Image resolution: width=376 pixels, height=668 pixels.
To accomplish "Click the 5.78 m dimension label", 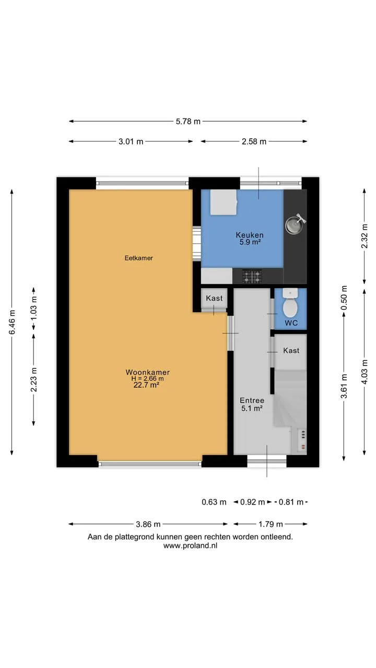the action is (188, 122).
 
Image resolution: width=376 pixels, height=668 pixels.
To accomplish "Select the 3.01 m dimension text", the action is (131, 141).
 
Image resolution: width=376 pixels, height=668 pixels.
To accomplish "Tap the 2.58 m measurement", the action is (254, 141).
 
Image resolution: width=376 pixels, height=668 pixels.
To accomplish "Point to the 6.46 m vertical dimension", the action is (12, 322).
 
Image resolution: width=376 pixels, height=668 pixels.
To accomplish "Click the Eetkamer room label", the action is (139, 258).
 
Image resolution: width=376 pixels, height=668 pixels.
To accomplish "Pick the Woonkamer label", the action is (147, 372).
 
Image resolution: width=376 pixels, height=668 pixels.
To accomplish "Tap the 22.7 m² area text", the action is (146, 385).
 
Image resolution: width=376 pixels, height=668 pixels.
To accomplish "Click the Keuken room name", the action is (250, 235).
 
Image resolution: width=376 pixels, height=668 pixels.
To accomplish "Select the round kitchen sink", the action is (294, 225).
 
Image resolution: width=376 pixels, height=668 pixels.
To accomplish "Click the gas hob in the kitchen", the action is (252, 277).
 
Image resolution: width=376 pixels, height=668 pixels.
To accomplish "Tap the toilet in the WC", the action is (290, 303).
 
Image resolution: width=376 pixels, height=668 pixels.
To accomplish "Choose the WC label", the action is (291, 323).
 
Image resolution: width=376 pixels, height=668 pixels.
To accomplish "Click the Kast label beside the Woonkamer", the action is (214, 298).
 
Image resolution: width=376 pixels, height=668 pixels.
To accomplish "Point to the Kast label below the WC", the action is (291, 350).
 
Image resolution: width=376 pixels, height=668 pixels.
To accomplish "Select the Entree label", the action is (252, 400).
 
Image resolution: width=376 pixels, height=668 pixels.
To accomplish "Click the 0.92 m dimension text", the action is (252, 502).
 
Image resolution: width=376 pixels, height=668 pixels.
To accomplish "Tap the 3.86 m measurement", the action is (148, 524).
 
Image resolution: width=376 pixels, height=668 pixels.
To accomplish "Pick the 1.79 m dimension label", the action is (271, 524).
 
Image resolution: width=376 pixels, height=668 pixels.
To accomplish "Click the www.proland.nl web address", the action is (190, 546).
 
